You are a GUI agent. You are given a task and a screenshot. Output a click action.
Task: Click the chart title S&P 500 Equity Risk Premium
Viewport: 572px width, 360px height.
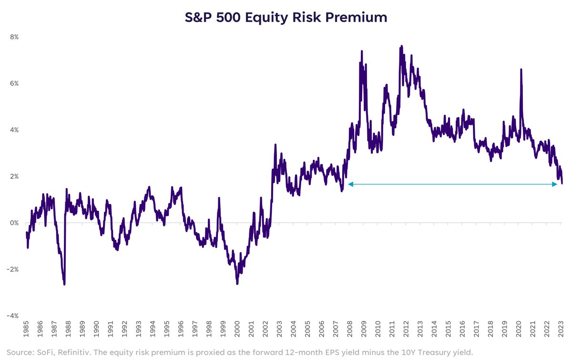click(286, 18)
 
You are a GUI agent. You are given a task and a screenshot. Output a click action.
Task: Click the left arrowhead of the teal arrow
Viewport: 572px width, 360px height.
click(350, 184)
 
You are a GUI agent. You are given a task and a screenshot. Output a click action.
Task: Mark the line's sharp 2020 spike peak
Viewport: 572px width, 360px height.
click(521, 70)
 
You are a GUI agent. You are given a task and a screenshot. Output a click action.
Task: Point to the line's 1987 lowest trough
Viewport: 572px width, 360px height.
click(64, 284)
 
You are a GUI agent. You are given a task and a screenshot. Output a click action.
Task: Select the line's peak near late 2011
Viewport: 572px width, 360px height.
click(402, 46)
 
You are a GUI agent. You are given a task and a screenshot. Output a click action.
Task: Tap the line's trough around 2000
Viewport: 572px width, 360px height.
click(237, 284)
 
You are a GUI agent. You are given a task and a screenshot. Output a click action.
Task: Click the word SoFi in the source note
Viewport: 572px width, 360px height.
click(45, 351)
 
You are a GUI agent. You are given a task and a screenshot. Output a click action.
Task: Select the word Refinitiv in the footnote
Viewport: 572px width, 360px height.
click(74, 351)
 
